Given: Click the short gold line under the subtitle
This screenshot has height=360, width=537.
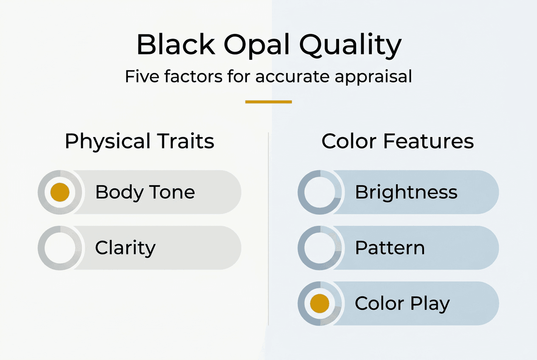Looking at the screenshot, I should click(268, 102).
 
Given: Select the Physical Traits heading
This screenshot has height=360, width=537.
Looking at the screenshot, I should click(139, 141).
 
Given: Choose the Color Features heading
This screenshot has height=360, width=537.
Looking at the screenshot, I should click(398, 141).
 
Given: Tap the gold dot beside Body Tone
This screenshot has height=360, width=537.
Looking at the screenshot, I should click(59, 192).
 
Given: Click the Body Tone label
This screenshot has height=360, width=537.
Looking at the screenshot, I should click(145, 192).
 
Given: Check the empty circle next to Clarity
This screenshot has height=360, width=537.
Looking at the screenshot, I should click(59, 248).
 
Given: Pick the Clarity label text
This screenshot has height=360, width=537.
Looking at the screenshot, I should click(125, 248).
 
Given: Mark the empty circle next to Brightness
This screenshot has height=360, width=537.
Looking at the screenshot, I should click(319, 192).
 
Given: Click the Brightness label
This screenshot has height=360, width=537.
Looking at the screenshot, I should click(406, 192).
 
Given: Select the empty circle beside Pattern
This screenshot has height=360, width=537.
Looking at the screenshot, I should click(319, 248).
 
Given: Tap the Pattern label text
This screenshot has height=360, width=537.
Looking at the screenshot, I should click(390, 248).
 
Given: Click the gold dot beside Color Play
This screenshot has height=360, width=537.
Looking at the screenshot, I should click(319, 304).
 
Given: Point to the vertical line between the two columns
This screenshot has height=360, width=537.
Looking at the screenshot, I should click(268, 229).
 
